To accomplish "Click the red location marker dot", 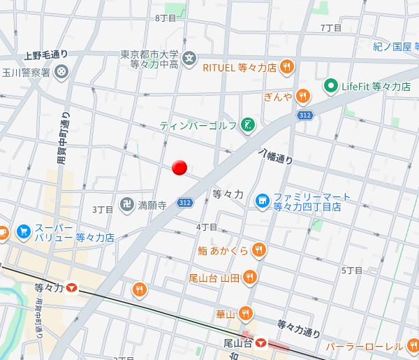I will coord(179,167).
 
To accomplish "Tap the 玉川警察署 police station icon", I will coord(62,71).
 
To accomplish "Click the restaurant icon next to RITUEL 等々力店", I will coord(286,68).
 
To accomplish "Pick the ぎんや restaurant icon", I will coord(302,96).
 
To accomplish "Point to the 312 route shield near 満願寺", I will coord(184,203).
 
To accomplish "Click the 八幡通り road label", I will coord(276,156).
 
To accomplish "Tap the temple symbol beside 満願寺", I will coord(126,206).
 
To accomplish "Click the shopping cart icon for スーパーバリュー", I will coord(24,231).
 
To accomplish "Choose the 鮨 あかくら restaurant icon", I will coord(258,250).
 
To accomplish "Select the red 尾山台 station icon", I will coord(260,343).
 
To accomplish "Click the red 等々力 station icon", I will coord(73,288).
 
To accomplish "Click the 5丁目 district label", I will coord(352,270).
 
